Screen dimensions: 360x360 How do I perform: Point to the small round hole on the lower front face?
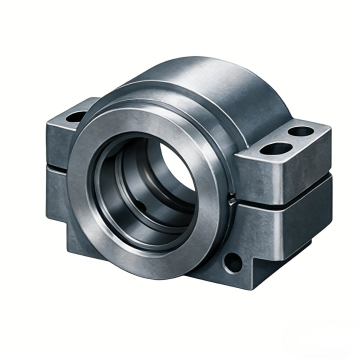(232, 263)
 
